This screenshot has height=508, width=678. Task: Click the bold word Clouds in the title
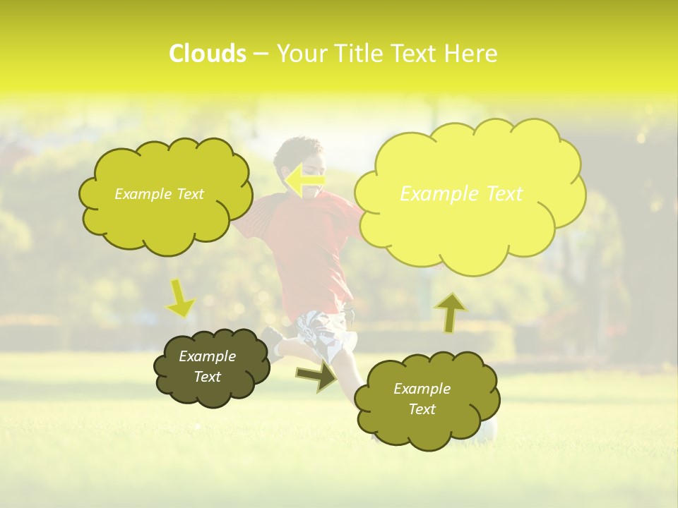click(x=207, y=53)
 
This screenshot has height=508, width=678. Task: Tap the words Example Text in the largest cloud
click(x=461, y=194)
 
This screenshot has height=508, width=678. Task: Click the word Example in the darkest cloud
click(x=207, y=356)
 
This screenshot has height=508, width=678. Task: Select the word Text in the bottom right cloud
click(x=422, y=409)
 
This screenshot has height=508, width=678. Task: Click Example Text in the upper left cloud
click(x=159, y=194)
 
